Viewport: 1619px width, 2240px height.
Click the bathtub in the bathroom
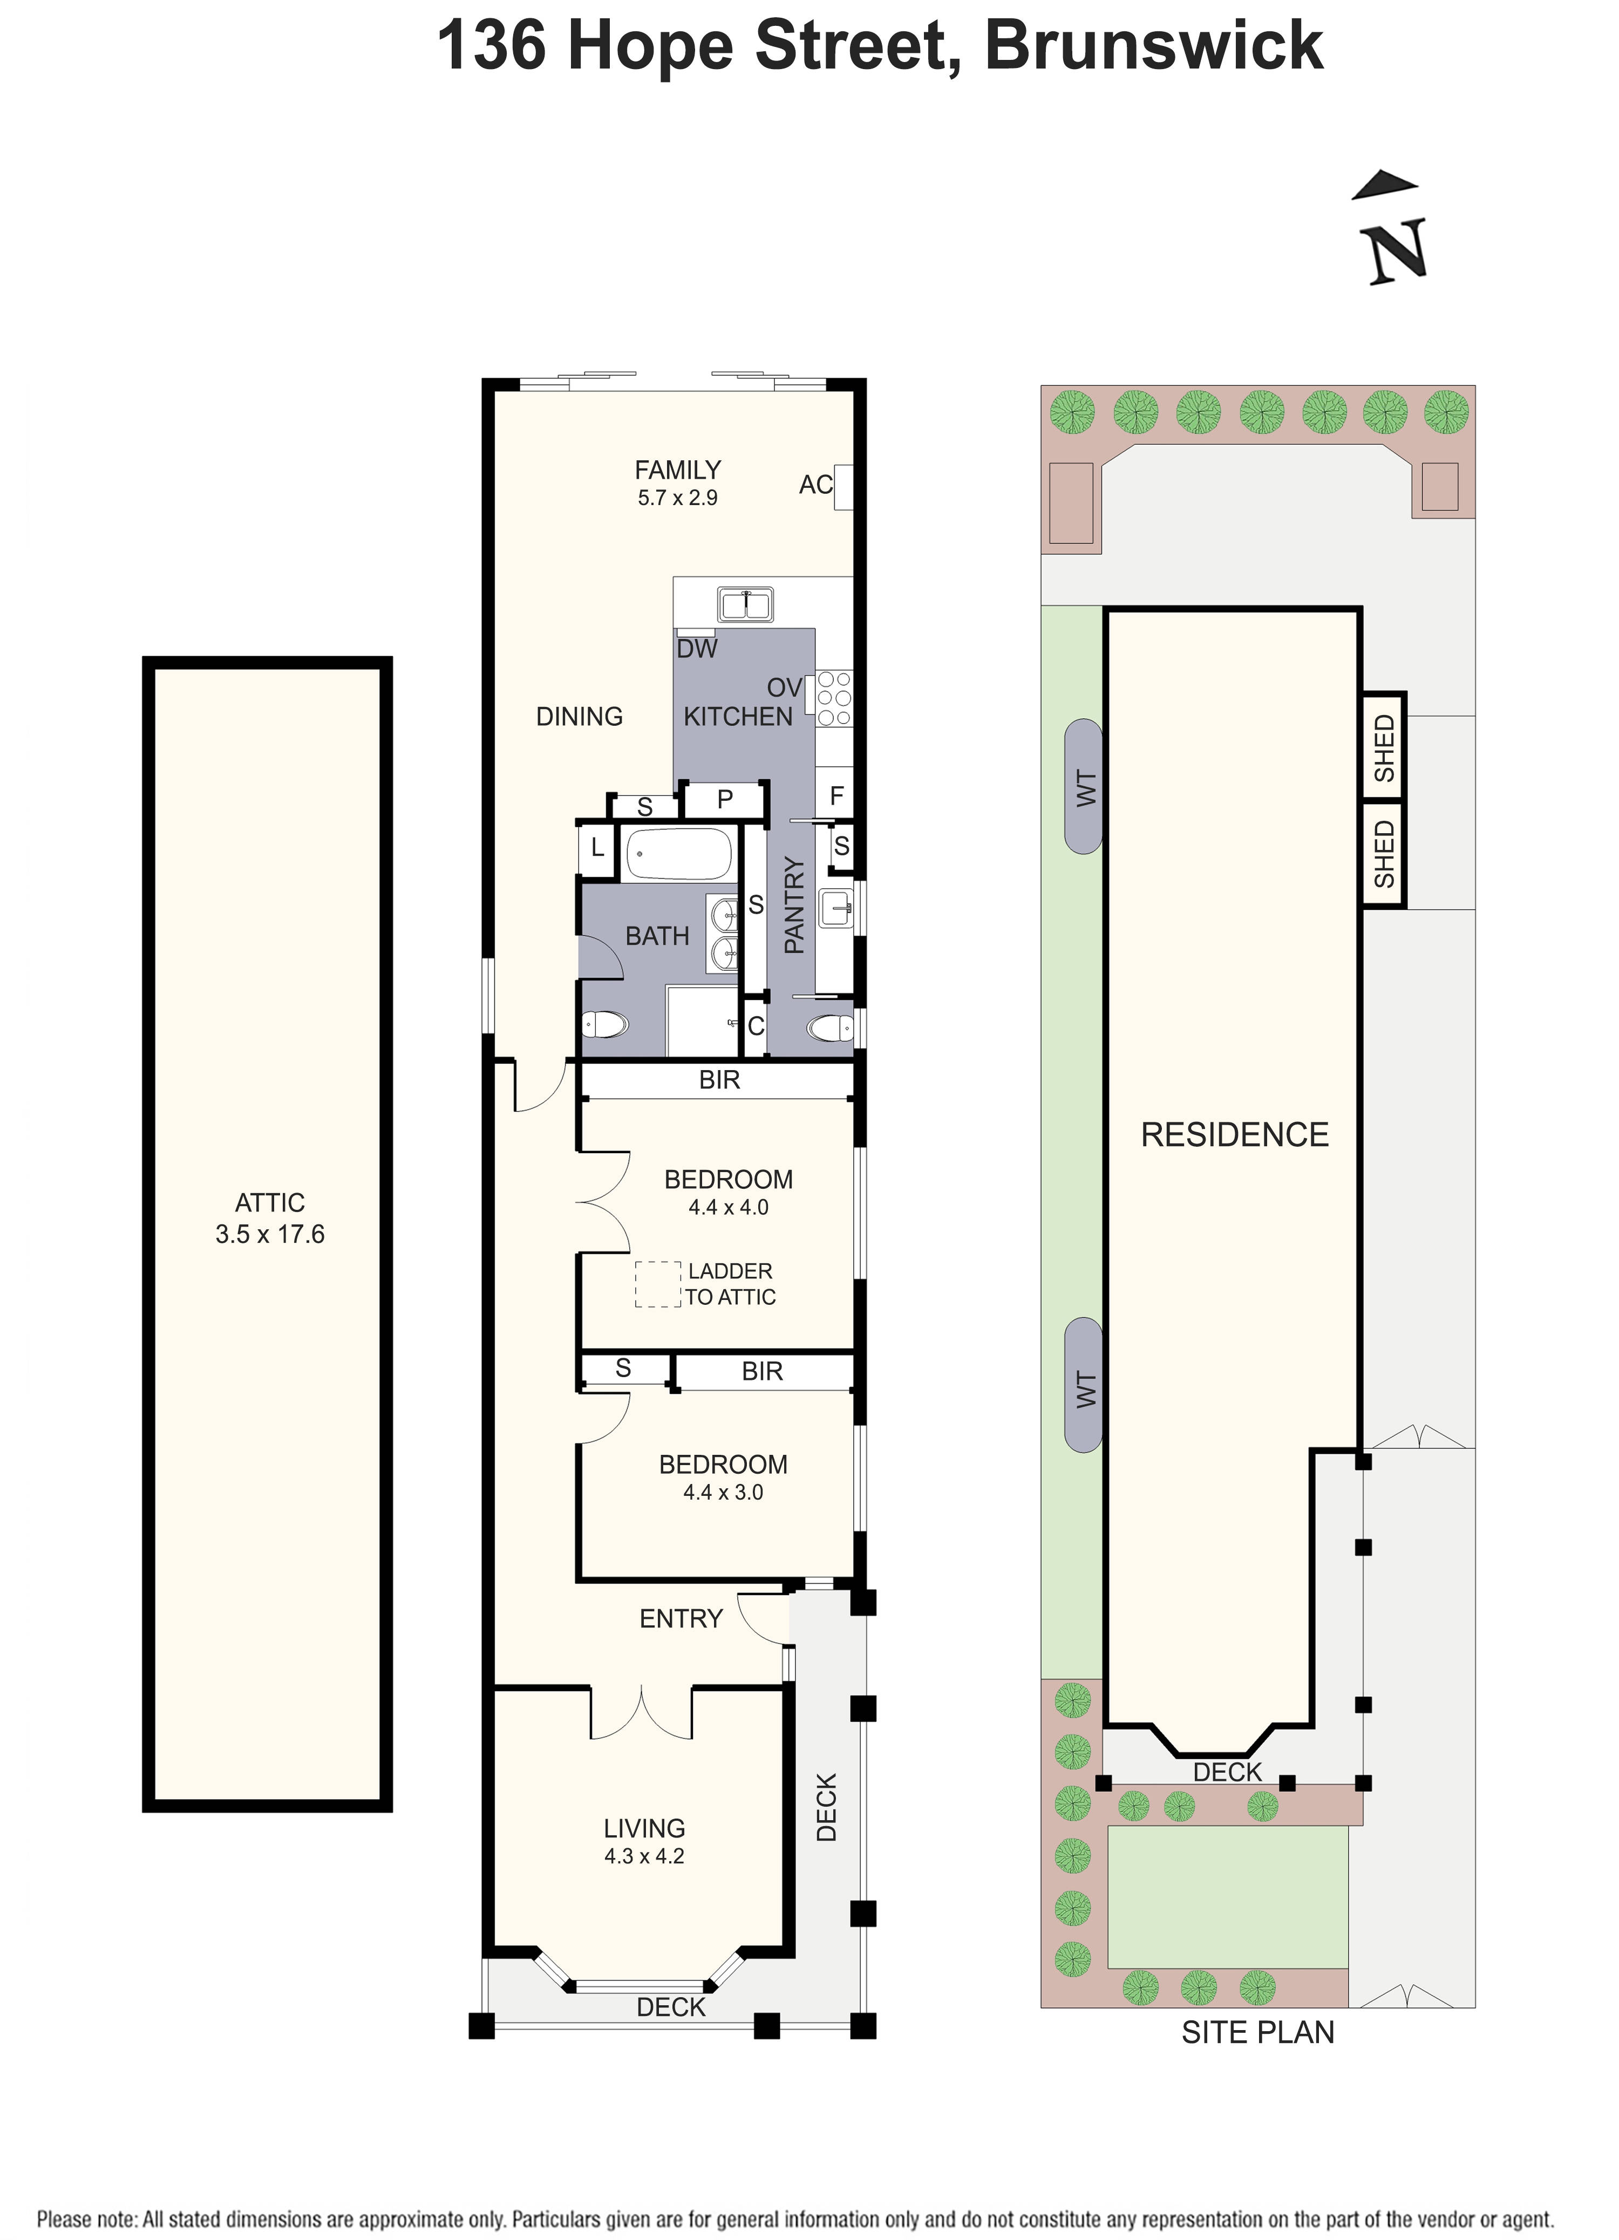pos(679,853)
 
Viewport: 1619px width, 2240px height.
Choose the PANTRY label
pos(794,905)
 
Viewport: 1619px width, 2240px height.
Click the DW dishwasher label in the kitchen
pos(696,649)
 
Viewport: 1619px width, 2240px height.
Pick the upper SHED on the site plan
pos(1384,747)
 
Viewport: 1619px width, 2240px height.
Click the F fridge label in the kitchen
pos(836,796)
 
